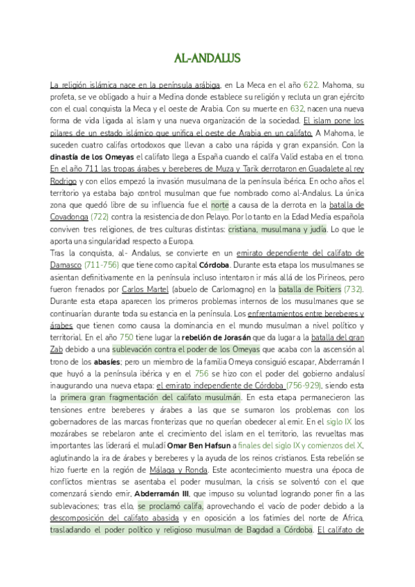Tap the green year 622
311,84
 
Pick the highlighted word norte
219,205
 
